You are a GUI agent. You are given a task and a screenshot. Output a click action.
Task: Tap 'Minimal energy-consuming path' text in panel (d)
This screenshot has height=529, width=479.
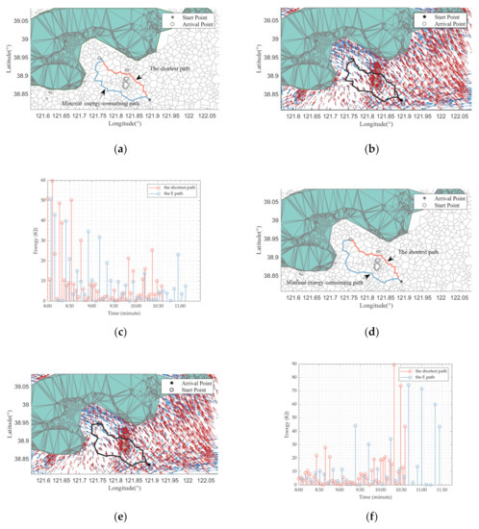[x=323, y=285]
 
